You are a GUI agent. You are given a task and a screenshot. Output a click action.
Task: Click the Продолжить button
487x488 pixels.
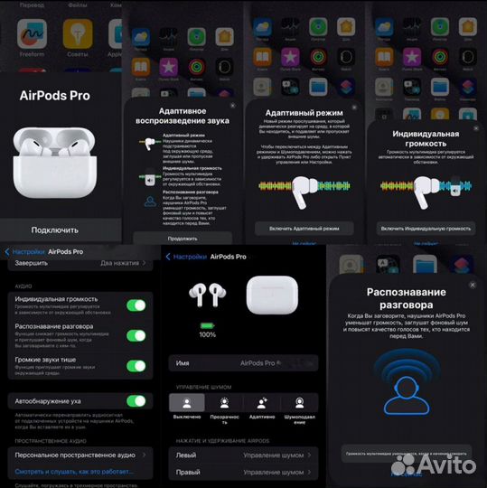coord(183,239)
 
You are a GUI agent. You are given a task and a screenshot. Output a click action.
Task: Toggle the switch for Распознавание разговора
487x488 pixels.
coord(136,335)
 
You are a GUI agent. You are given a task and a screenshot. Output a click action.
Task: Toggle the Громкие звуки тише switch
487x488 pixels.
coord(136,365)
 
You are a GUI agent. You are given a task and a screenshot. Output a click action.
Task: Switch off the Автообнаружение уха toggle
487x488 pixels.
coord(136,400)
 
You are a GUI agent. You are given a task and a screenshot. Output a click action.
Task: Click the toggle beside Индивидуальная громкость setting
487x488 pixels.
coord(136,305)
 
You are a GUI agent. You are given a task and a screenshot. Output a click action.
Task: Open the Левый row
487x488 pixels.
coord(242,455)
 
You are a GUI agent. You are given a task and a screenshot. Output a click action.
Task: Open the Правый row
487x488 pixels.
coord(242,473)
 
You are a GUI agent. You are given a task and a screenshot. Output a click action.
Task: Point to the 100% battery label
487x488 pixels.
coord(207,334)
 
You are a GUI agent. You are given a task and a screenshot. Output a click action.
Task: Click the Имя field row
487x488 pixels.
coord(242,363)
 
